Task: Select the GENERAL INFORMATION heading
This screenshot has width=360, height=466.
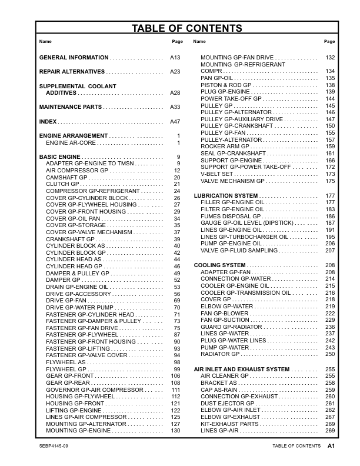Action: click(74, 58)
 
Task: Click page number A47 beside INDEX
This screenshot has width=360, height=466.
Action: click(175, 121)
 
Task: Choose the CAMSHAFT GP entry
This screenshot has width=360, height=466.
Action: click(66, 177)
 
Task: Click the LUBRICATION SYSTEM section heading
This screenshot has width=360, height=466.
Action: click(226, 195)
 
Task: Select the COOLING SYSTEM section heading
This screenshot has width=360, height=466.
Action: click(219, 266)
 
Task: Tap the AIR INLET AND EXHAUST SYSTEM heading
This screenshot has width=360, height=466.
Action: click(242, 369)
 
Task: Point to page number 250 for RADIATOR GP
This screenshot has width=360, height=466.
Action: click(330, 354)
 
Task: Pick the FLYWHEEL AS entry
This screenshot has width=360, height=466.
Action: click(66, 362)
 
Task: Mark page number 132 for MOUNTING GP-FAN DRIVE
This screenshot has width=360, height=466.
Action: click(330, 58)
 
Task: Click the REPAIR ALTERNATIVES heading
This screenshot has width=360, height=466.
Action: click(72, 72)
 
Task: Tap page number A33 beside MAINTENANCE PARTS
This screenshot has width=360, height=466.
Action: click(175, 107)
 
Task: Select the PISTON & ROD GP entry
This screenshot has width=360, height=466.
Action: click(226, 85)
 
